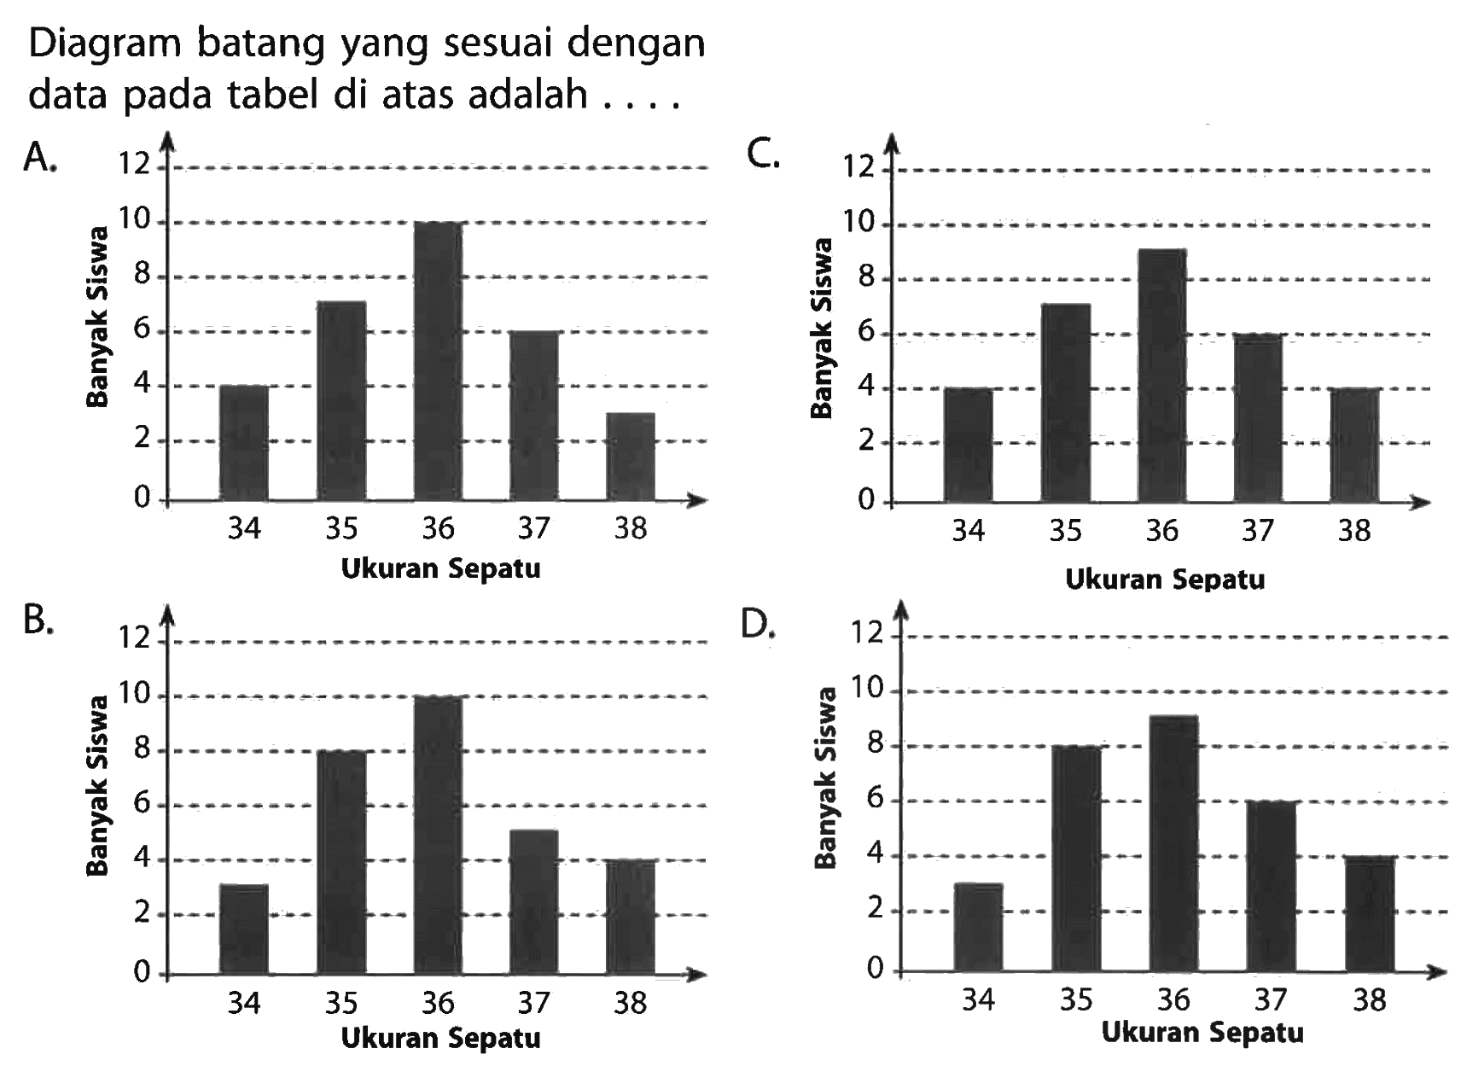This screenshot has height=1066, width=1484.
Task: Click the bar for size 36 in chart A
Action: (x=438, y=361)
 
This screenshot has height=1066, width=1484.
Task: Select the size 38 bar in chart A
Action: (x=631, y=457)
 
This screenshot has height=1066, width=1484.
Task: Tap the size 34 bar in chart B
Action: (x=243, y=929)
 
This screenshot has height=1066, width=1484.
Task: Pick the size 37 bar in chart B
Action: (x=534, y=901)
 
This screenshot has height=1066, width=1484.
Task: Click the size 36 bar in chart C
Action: (x=1161, y=376)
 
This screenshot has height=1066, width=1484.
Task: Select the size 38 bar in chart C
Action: (x=1354, y=445)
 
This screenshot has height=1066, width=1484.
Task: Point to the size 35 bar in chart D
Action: (x=1076, y=858)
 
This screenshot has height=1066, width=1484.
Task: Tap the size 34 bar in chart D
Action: (x=979, y=927)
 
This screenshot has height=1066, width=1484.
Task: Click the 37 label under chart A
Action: (x=533, y=530)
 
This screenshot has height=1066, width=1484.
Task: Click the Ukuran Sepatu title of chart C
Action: (x=1165, y=580)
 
